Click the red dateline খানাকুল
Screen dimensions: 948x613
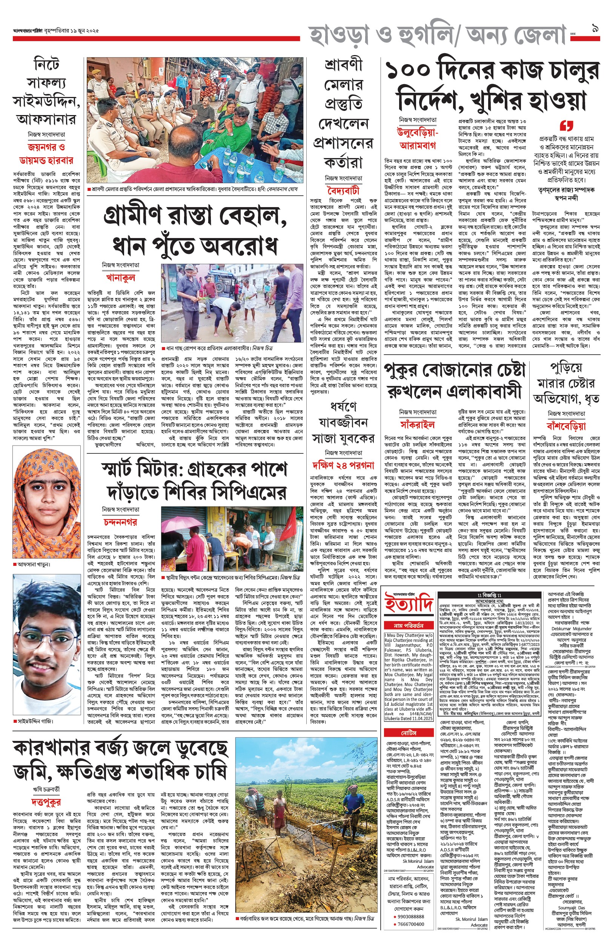[121, 277]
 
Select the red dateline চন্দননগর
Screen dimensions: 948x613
[120, 522]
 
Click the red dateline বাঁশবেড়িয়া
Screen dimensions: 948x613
[565, 426]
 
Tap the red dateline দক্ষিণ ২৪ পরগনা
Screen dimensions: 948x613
[343, 464]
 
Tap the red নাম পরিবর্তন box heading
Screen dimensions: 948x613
[409, 625]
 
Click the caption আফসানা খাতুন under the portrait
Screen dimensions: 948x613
[34, 564]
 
